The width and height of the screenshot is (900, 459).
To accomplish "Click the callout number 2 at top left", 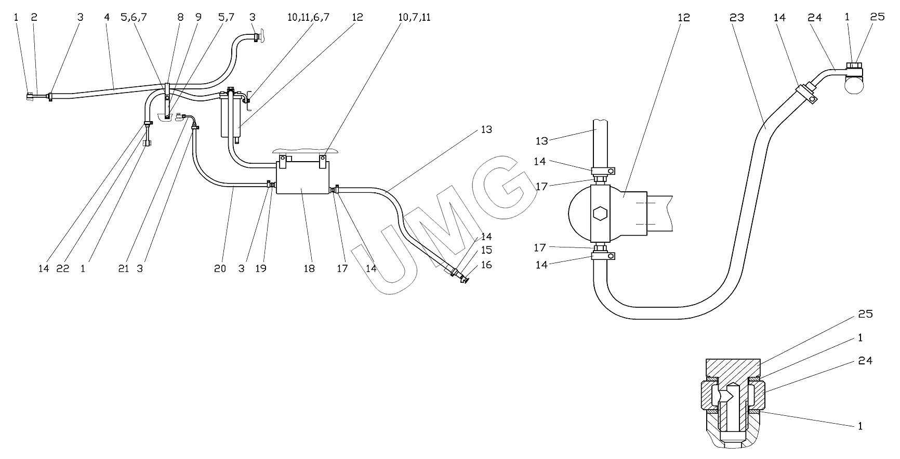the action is coord(34,17).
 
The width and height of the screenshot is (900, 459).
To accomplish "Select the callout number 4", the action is coord(107,17).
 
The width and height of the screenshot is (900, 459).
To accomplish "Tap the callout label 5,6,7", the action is coord(134,18).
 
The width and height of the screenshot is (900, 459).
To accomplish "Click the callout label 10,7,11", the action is coord(415,18).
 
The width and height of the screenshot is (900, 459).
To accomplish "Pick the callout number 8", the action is coord(180,17).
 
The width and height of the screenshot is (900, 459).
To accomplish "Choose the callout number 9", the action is coord(198,17).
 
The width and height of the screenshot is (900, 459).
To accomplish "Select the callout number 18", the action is coord(309,269).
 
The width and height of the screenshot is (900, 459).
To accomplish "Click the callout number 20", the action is coord(220,269).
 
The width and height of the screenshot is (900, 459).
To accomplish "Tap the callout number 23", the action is coord(737,18).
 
